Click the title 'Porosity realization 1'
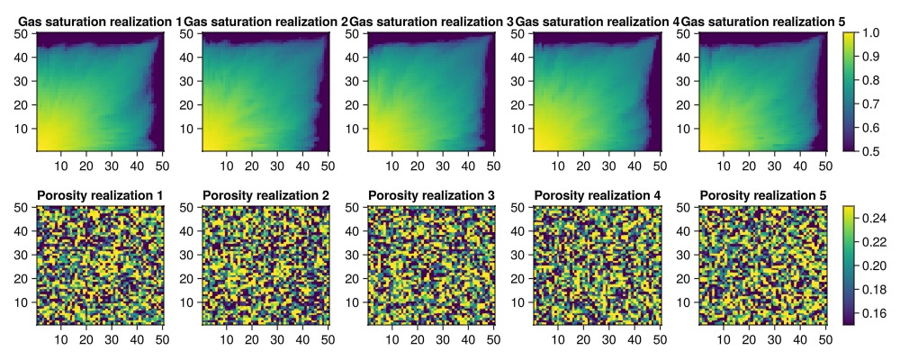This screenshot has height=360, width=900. tap(100, 195)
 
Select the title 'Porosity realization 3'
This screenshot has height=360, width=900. tap(431, 195)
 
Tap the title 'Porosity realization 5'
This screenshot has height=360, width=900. tap(762, 195)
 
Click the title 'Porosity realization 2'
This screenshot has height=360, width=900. tap(265, 195)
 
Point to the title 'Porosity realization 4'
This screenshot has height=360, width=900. tap(597, 195)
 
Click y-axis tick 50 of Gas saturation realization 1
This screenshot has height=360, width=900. tap(25, 33)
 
